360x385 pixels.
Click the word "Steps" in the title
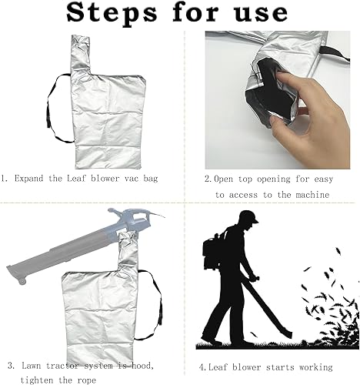coord(112,13)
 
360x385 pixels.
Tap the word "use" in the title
coord(261,13)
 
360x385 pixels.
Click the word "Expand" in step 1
coord(28,179)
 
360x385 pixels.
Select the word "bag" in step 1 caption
coord(151,179)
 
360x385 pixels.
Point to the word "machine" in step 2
coord(312,195)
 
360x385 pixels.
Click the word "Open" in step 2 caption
coord(223,179)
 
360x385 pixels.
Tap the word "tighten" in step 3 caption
coord(36,380)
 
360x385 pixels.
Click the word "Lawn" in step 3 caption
coord(31,365)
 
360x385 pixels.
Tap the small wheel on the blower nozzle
coord(22,281)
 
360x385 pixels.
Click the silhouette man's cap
coord(248,216)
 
